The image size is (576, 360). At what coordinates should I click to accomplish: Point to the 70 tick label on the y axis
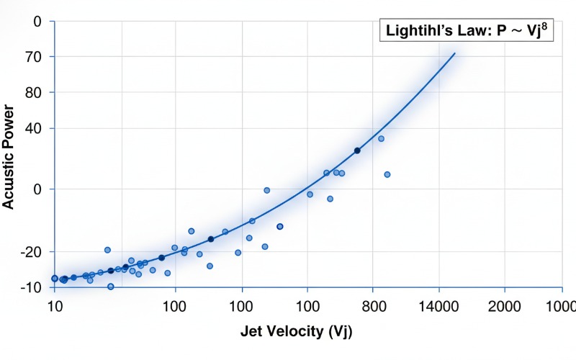[31, 57]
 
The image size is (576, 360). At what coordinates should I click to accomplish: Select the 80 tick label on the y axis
[31, 93]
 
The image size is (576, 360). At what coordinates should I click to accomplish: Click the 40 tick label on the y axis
[31, 129]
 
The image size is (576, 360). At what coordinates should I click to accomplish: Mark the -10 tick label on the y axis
[29, 287]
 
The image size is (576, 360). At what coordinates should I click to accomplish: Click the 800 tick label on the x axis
[372, 305]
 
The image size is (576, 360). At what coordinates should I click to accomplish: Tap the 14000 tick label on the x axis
[437, 305]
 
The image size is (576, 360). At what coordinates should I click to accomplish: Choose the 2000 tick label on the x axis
[503, 305]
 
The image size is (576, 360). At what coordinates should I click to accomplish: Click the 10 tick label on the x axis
[54, 305]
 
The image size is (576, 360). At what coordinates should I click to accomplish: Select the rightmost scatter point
[387, 174]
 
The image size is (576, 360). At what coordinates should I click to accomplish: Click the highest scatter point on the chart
[382, 139]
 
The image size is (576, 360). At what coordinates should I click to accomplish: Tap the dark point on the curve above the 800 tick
[357, 150]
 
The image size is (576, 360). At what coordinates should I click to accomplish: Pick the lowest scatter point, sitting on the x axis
[111, 287]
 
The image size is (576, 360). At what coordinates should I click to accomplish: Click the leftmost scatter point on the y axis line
[55, 278]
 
